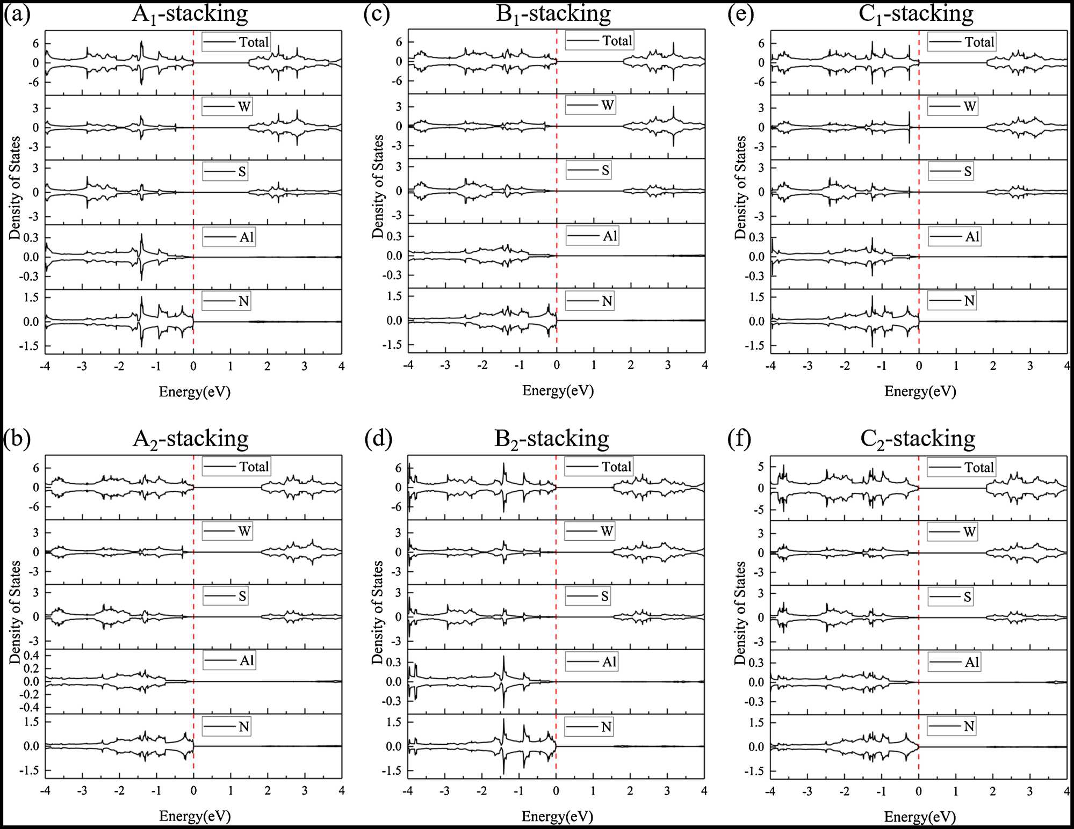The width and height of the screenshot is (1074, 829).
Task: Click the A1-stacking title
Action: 190,14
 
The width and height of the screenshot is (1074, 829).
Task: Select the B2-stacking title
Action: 552,439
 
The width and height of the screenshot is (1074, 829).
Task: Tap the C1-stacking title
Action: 916,14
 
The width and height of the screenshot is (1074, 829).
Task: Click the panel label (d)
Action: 378,439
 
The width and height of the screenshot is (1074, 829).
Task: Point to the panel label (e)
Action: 740,14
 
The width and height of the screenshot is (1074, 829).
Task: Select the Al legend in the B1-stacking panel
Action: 592,236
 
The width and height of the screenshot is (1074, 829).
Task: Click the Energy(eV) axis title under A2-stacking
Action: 195,816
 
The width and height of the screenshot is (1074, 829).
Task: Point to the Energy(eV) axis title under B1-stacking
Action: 558,390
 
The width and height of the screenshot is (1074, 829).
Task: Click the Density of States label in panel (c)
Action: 378,186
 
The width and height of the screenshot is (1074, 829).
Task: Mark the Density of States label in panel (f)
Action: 740,613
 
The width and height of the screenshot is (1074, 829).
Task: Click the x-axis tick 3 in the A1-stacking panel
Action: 305,366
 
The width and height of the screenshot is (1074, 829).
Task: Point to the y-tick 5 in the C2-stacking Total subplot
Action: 760,467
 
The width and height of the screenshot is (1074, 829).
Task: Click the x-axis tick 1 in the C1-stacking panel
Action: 956,366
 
